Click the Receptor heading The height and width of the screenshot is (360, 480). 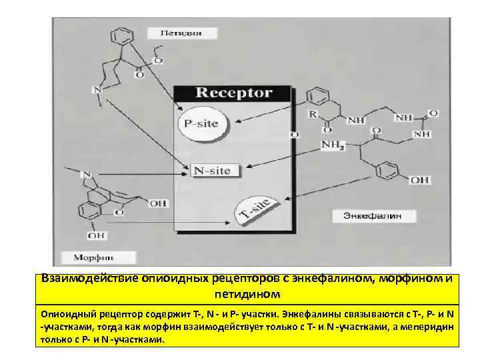tap(233, 93)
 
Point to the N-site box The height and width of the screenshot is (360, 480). tap(211, 171)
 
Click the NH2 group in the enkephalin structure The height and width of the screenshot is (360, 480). tap(332, 145)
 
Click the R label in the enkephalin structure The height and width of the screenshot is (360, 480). tap(312, 115)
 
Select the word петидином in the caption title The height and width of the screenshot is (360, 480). tap(248, 293)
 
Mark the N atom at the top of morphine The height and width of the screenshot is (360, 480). tap(86, 175)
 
